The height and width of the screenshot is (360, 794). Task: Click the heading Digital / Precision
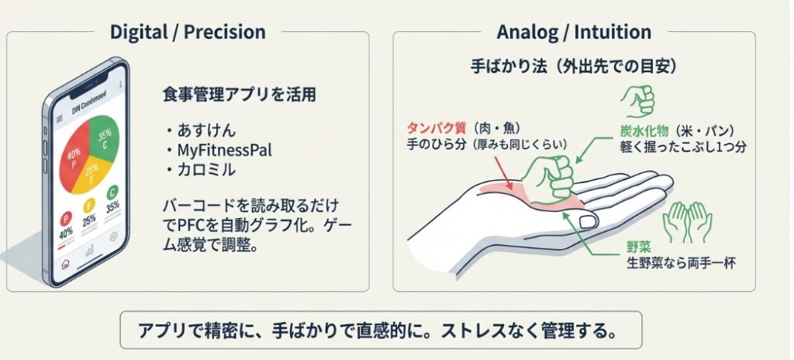point(188,32)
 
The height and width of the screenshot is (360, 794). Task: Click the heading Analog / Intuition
point(574,32)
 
